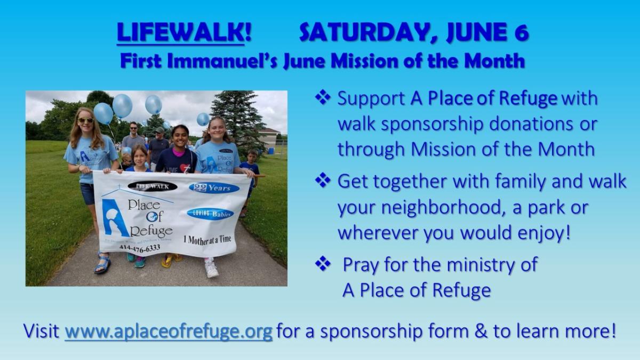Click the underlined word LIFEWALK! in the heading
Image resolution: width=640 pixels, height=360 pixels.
click(x=184, y=33)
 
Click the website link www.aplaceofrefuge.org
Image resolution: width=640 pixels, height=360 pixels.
click(x=169, y=331)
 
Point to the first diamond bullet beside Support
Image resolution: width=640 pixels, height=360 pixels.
click(x=323, y=98)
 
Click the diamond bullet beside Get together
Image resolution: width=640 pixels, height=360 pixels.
click(x=323, y=181)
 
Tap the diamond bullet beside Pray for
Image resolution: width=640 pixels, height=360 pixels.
click(x=323, y=263)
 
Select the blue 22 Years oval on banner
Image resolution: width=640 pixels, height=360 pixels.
click(x=214, y=188)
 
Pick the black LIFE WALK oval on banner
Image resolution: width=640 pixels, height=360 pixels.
click(x=153, y=187)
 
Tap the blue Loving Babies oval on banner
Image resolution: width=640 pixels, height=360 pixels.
click(x=210, y=214)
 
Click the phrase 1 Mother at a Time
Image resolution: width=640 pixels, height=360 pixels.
click(x=207, y=240)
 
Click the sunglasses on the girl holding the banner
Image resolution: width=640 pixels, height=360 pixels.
click(x=86, y=121)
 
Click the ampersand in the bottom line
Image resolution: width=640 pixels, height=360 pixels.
click(x=482, y=331)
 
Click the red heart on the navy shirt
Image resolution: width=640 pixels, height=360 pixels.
click(x=185, y=167)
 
